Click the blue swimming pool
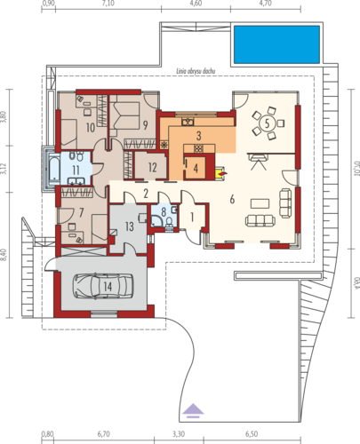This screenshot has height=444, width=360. point(276,44)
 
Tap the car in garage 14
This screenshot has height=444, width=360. point(103,286)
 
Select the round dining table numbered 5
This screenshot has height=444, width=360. point(267,123)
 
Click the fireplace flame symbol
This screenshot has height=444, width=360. point(224,172)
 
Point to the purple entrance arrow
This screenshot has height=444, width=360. point(193,410)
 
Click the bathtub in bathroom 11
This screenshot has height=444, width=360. point(53,170)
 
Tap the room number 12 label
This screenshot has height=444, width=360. point(152,168)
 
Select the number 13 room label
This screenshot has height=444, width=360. point(129,226)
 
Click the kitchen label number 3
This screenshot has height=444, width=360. point(198,136)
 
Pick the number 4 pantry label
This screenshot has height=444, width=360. point(196,168)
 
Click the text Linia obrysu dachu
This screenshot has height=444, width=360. point(196,71)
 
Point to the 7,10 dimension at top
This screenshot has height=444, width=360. point(108,4)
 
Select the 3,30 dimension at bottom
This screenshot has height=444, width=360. point(179,434)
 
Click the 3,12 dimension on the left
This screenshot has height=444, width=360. point(4,168)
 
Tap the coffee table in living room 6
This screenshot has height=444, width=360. point(260,203)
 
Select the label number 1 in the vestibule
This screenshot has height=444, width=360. point(192,218)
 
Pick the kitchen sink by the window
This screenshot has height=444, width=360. point(188,122)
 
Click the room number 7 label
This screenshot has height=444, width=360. point(81,212)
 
